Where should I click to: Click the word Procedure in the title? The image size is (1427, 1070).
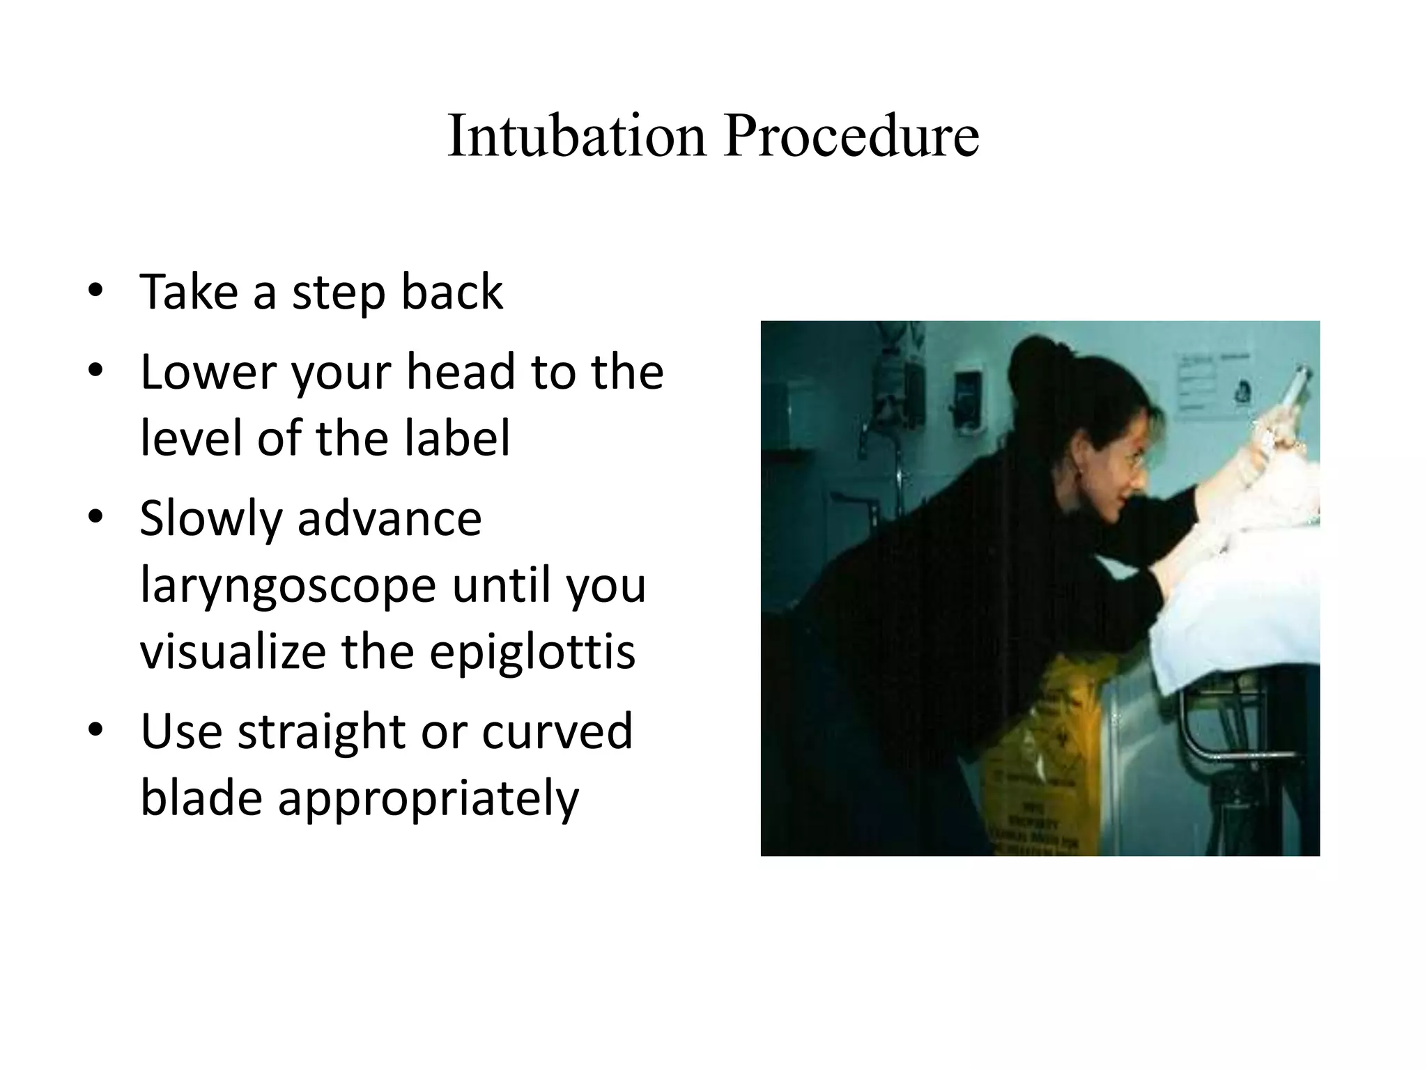click(851, 135)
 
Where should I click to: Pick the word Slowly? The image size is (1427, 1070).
click(210, 519)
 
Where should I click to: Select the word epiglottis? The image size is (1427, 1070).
click(532, 651)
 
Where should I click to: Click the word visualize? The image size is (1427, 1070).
click(233, 651)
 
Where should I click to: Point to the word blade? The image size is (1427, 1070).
click(202, 797)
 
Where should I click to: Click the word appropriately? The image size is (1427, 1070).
click(429, 798)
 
